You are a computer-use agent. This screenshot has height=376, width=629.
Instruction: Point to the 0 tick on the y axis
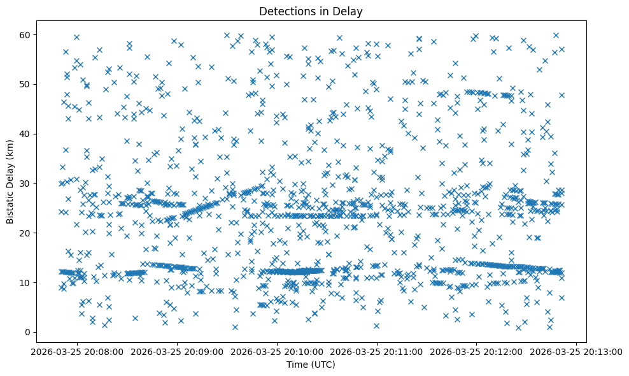pyautogui.click(x=27, y=332)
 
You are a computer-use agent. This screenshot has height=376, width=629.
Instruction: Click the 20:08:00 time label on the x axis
pyautogui.click(x=78, y=351)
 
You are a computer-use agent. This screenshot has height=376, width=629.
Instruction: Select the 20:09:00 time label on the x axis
pyautogui.click(x=177, y=351)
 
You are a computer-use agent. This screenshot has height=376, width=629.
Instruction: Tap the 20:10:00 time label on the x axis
pyautogui.click(x=277, y=351)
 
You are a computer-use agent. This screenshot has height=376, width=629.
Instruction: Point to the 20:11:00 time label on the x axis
pyautogui.click(x=376, y=351)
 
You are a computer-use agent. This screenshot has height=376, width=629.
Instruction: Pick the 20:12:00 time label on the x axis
pyautogui.click(x=476, y=351)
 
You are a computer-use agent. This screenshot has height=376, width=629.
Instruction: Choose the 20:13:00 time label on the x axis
pyautogui.click(x=576, y=351)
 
